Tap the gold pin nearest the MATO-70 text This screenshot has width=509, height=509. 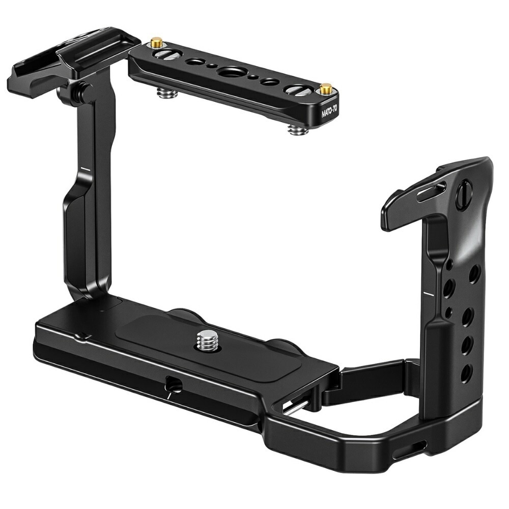(325, 88)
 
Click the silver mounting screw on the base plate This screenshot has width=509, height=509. (207, 340)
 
